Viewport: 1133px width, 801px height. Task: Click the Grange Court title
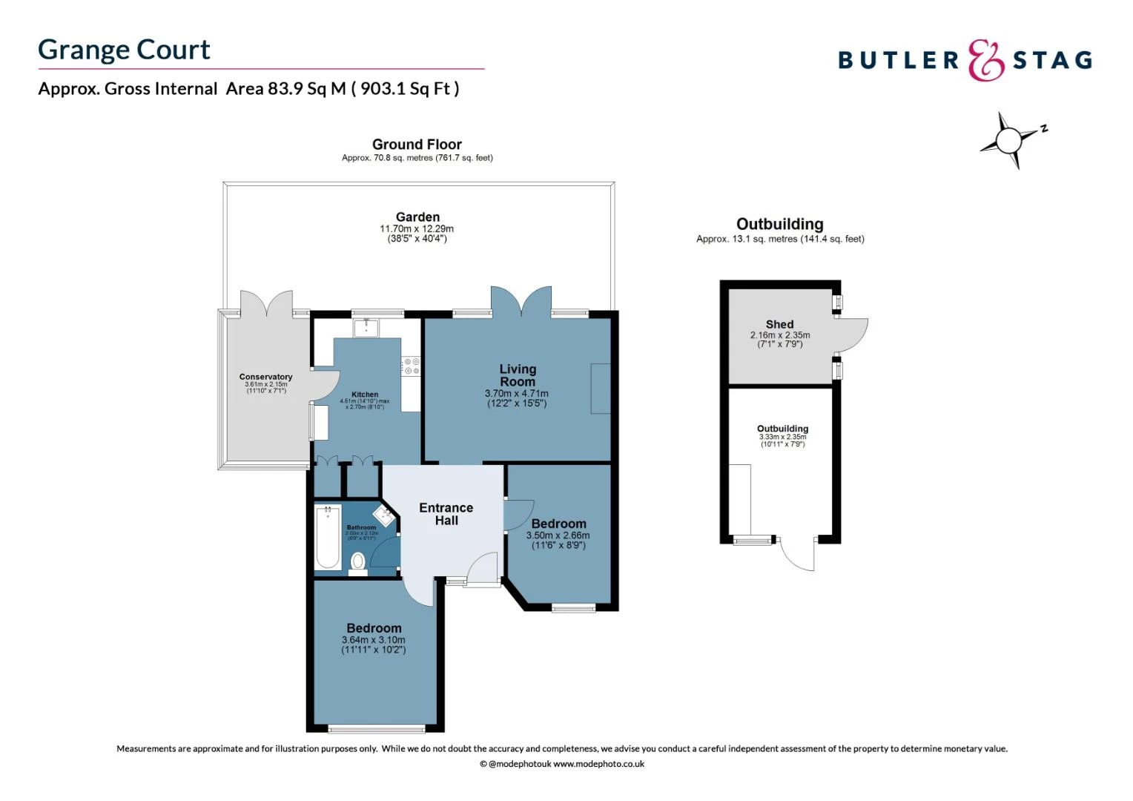click(124, 50)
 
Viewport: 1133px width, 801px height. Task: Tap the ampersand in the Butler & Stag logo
click(985, 60)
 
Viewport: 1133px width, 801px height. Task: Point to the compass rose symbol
click(1009, 139)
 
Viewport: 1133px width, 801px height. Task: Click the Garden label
click(417, 217)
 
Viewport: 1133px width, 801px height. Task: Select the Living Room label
click(517, 375)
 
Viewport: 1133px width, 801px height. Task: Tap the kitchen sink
click(366, 327)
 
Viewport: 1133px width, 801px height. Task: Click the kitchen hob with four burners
click(411, 366)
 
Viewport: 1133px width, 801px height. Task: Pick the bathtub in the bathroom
click(328, 536)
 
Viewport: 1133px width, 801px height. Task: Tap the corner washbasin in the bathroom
click(383, 515)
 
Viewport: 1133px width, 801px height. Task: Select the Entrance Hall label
click(446, 514)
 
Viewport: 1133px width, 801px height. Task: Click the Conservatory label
click(265, 377)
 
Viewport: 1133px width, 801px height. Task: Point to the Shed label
click(779, 324)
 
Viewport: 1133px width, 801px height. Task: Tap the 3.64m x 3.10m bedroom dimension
click(373, 640)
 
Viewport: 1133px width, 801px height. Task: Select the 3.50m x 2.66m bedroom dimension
click(558, 535)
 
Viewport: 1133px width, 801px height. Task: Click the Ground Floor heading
click(417, 145)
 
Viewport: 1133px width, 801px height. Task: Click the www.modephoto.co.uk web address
click(598, 764)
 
